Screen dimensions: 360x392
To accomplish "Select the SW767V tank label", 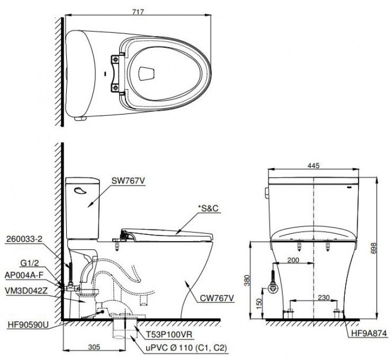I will click(128, 181).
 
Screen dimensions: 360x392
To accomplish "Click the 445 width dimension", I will click(315, 165).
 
